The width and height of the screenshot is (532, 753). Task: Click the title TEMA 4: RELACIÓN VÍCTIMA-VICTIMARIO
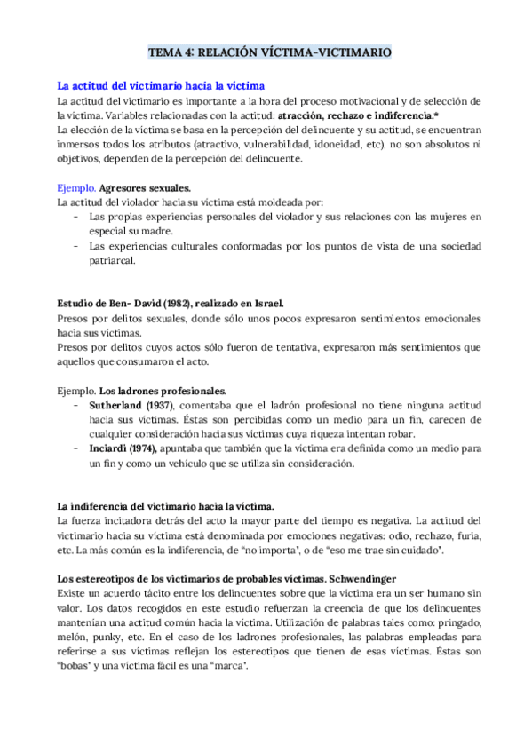point(267,53)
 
